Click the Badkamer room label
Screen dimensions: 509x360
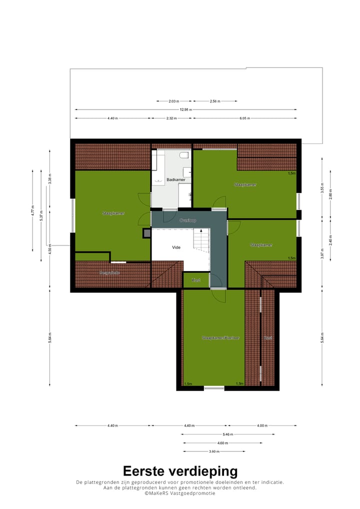[x=176, y=179]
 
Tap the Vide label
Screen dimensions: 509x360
[x=176, y=247]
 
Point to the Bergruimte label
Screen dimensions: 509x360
[x=109, y=273]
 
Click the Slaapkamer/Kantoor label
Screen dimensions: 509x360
[x=220, y=338]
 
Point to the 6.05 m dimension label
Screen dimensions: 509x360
[x=244, y=118]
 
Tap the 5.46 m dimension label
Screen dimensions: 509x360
[x=228, y=434]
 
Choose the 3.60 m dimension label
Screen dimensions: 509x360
[x=214, y=451]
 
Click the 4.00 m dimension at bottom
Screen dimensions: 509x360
[x=262, y=426]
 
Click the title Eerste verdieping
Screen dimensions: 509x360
[x=180, y=471]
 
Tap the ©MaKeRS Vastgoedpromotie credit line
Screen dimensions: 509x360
[x=180, y=493]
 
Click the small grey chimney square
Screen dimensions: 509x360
[x=146, y=232]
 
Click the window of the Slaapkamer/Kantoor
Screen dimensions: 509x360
[x=214, y=387]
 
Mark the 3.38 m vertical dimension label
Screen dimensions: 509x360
[x=49, y=179]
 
